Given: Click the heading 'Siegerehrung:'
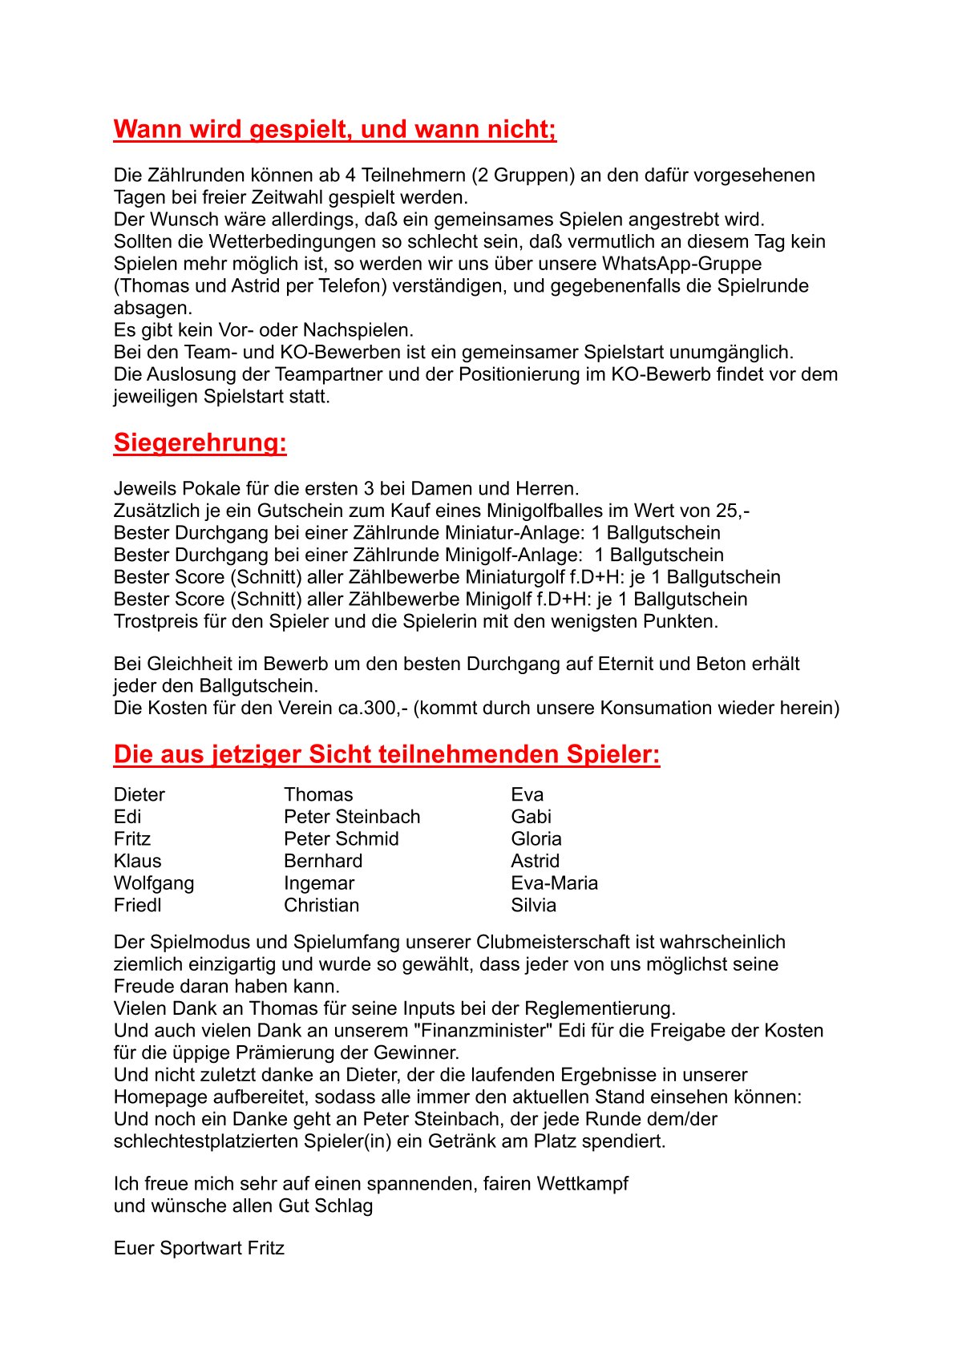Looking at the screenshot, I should tap(200, 442).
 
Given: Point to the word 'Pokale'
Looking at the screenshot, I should tap(209, 489).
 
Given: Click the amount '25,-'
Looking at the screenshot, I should tap(733, 511).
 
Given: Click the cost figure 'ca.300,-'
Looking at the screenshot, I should tap(373, 708).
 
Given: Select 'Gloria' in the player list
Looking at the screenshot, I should tap(536, 839).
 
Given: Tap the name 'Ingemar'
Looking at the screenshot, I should tap(318, 883).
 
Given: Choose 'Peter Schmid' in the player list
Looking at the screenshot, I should tap(341, 839).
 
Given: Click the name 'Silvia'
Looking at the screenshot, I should tap(533, 905).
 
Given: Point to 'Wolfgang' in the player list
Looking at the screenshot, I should tap(153, 883).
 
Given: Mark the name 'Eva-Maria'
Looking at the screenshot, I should tap(554, 883).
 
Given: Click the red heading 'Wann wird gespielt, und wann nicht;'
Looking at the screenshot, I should tap(334, 129).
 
